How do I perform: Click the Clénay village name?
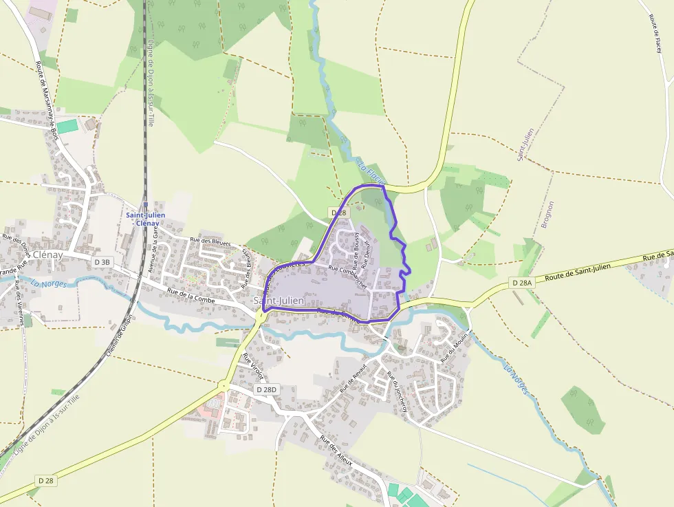coord(47,255)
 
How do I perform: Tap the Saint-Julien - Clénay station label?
coord(146,219)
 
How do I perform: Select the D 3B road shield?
coord(102,262)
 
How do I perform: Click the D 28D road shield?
coord(266,390)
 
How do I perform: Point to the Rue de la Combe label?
coord(191,296)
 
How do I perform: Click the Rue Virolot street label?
coord(252,366)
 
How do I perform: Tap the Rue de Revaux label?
coord(351,379)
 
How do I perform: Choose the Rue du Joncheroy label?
coord(398,392)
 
